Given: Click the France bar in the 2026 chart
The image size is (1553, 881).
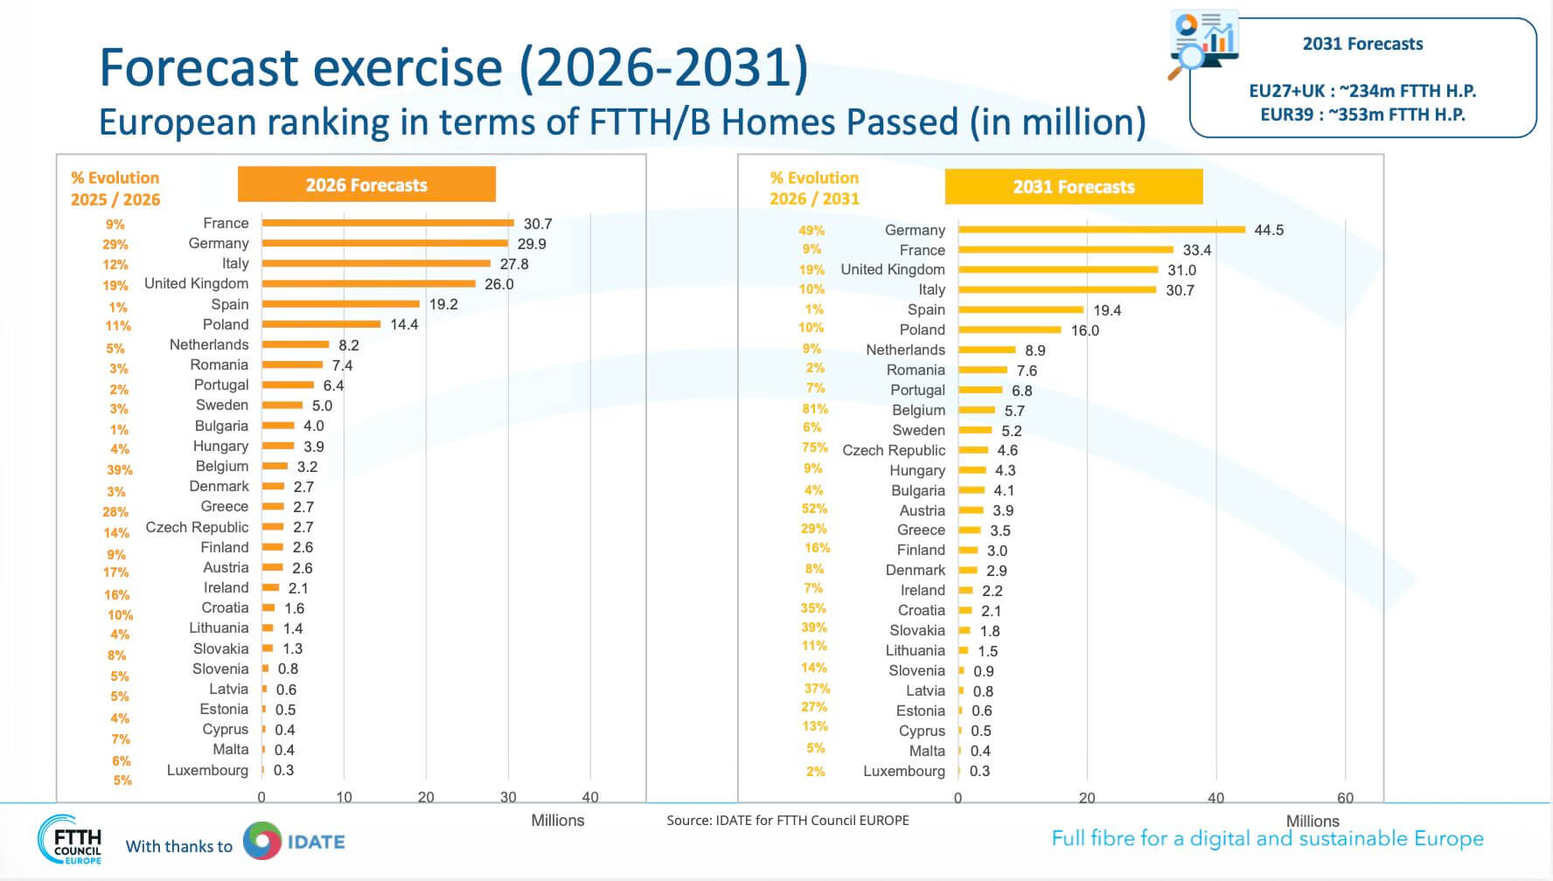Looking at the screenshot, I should pos(387,223).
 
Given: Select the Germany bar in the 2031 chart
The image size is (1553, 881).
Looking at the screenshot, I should pos(1101,230).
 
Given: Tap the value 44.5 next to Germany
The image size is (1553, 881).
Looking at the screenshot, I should pos(1268,231).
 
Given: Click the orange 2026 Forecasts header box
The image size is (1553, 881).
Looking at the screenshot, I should pos(366,184).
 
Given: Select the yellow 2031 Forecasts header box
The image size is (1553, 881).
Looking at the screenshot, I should pos(1073,187).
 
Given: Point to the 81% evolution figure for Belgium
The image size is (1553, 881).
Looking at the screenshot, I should pos(814,409).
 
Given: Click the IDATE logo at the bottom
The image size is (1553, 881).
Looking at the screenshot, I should pos(294,842).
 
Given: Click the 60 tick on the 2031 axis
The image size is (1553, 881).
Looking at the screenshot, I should pos(1344,798).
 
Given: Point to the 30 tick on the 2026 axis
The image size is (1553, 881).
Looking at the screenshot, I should pos(508,797).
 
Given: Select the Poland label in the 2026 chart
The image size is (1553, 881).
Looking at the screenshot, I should pos(226,324).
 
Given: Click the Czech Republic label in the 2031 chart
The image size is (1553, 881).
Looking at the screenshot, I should pos(893,450).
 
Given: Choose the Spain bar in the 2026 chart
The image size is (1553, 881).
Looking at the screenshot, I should pos(340,304).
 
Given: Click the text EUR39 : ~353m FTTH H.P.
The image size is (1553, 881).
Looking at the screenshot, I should pos(1361,114).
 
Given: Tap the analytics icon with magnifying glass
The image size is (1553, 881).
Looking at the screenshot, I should pos(1203,44).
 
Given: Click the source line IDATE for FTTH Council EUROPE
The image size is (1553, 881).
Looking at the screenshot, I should pos(787,820).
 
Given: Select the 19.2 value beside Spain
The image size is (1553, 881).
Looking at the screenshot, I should pos(443,304).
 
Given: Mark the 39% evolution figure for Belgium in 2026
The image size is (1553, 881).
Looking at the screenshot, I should pos(120,469).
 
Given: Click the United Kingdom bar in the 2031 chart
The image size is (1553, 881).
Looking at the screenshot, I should pos(1057,270).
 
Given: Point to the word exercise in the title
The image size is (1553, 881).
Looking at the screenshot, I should pos(407,67).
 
